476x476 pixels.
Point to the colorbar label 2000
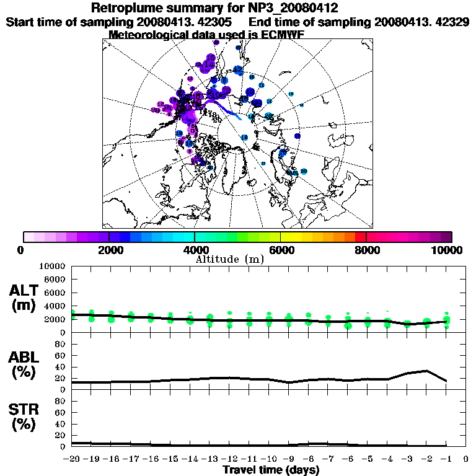[109, 250]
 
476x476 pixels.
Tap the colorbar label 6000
[281, 250]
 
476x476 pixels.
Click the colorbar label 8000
[366, 250]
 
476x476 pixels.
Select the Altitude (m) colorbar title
[230, 259]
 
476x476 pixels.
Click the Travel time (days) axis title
[271, 470]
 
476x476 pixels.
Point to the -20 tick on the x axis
[72, 459]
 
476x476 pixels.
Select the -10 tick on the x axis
[269, 459]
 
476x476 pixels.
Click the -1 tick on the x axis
[446, 459]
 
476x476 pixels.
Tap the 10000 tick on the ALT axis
[52, 267]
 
